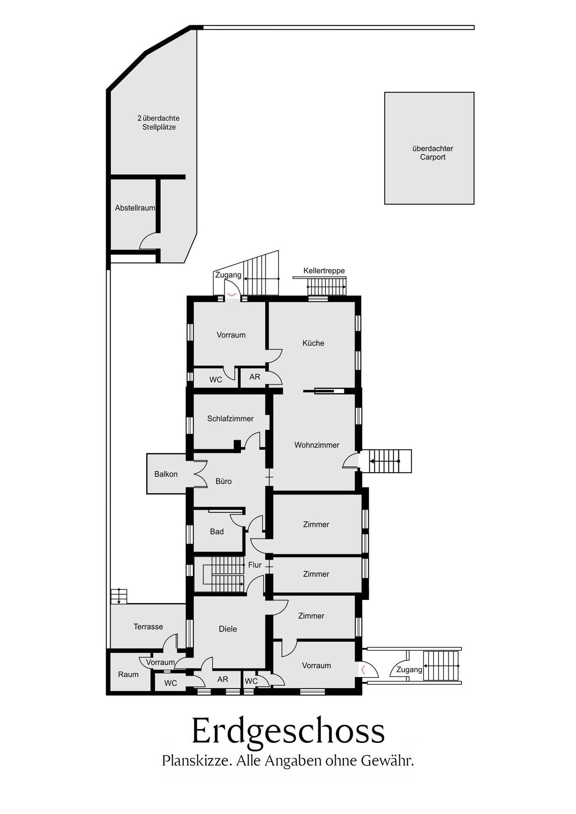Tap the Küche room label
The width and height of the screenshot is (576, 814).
click(313, 343)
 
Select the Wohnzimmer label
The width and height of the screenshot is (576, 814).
click(317, 445)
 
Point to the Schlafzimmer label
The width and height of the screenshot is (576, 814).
click(230, 419)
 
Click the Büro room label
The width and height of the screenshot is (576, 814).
click(223, 482)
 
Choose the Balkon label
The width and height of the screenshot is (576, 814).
click(166, 474)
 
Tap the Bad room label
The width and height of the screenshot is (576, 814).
click(216, 532)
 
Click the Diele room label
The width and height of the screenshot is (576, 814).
click(228, 629)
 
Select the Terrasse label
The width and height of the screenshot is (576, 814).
click(148, 627)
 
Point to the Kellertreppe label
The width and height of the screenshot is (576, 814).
click(324, 271)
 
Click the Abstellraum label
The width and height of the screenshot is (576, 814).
click(135, 208)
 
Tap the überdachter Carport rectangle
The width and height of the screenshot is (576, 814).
click(429, 148)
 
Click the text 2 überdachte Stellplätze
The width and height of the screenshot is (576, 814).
click(158, 123)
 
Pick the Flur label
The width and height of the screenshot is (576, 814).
click(255, 565)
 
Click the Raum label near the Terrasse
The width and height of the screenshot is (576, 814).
click(128, 675)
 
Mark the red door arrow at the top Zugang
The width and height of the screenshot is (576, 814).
click(232, 294)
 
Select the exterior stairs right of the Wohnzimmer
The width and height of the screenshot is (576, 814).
click(385, 461)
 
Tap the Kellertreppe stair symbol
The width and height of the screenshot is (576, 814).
click(326, 287)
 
